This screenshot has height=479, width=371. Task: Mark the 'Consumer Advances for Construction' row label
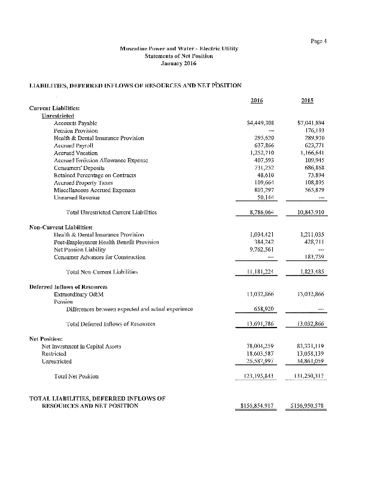tap(96, 257)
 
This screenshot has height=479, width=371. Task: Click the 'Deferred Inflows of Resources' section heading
tap(68, 286)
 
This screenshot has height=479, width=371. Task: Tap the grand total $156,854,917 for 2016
tap(256, 406)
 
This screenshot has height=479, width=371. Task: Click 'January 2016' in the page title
tap(180, 63)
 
